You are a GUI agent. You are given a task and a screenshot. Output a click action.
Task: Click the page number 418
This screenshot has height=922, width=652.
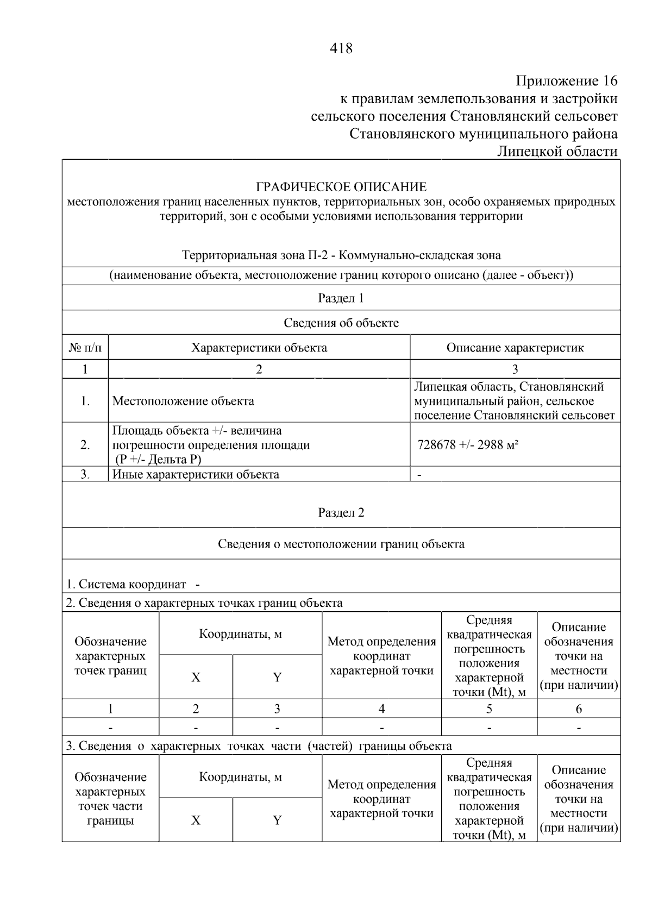coord(341,49)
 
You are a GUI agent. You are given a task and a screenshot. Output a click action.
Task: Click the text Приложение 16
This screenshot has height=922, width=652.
coord(567,81)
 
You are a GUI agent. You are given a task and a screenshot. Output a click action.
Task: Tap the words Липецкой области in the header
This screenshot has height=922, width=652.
coord(557,152)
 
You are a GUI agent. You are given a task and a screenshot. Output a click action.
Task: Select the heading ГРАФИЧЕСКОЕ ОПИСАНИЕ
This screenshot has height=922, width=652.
coord(341,187)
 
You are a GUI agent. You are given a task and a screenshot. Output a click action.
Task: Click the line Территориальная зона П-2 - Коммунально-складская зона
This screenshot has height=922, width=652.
coord(341,255)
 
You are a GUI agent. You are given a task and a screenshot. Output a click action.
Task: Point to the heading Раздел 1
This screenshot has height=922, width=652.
coord(341,298)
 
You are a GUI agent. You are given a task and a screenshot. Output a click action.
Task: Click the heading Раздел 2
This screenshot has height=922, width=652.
coord(341,513)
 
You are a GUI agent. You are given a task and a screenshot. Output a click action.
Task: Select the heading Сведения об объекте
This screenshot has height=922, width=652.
coord(341,323)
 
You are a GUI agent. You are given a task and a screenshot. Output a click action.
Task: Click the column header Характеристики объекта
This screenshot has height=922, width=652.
coord(259,348)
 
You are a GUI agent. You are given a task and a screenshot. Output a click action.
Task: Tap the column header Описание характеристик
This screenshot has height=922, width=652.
coord(515,348)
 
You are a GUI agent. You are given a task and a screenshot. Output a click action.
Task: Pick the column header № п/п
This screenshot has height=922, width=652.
coord(85,348)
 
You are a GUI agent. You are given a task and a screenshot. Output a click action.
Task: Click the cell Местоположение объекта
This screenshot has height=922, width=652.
coord(183,402)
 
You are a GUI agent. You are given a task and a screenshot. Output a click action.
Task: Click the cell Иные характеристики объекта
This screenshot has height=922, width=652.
coord(196,474)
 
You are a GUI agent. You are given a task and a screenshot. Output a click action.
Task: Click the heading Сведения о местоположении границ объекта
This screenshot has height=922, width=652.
coord(341,544)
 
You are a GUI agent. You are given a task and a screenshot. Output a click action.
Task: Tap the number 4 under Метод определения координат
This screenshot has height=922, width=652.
coord(381,709)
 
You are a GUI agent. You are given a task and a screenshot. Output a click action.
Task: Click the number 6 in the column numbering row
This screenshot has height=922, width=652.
coord(578,709)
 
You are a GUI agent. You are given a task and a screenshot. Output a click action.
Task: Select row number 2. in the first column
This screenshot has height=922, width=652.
coord(85,445)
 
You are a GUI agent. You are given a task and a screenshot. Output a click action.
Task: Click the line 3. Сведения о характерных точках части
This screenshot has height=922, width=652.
coord(259,746)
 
